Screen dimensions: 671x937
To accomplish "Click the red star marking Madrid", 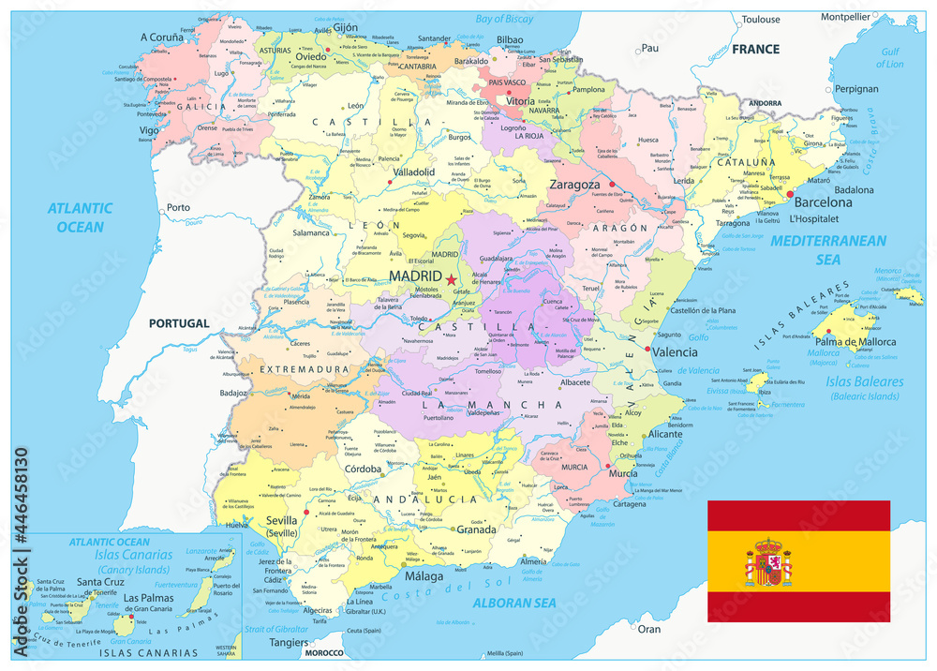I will [451, 279].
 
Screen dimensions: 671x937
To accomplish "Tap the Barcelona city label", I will [823, 201].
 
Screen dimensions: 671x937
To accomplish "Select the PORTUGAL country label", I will [179, 322].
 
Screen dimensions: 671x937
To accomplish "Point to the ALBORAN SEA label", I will [514, 604].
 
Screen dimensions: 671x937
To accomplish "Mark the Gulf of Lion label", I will [889, 58].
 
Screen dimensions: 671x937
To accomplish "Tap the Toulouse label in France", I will [760, 19].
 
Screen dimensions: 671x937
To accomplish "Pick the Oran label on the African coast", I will [648, 629].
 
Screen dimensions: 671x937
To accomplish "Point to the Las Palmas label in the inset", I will [148, 598].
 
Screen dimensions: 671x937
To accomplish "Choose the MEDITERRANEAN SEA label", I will [827, 250].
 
